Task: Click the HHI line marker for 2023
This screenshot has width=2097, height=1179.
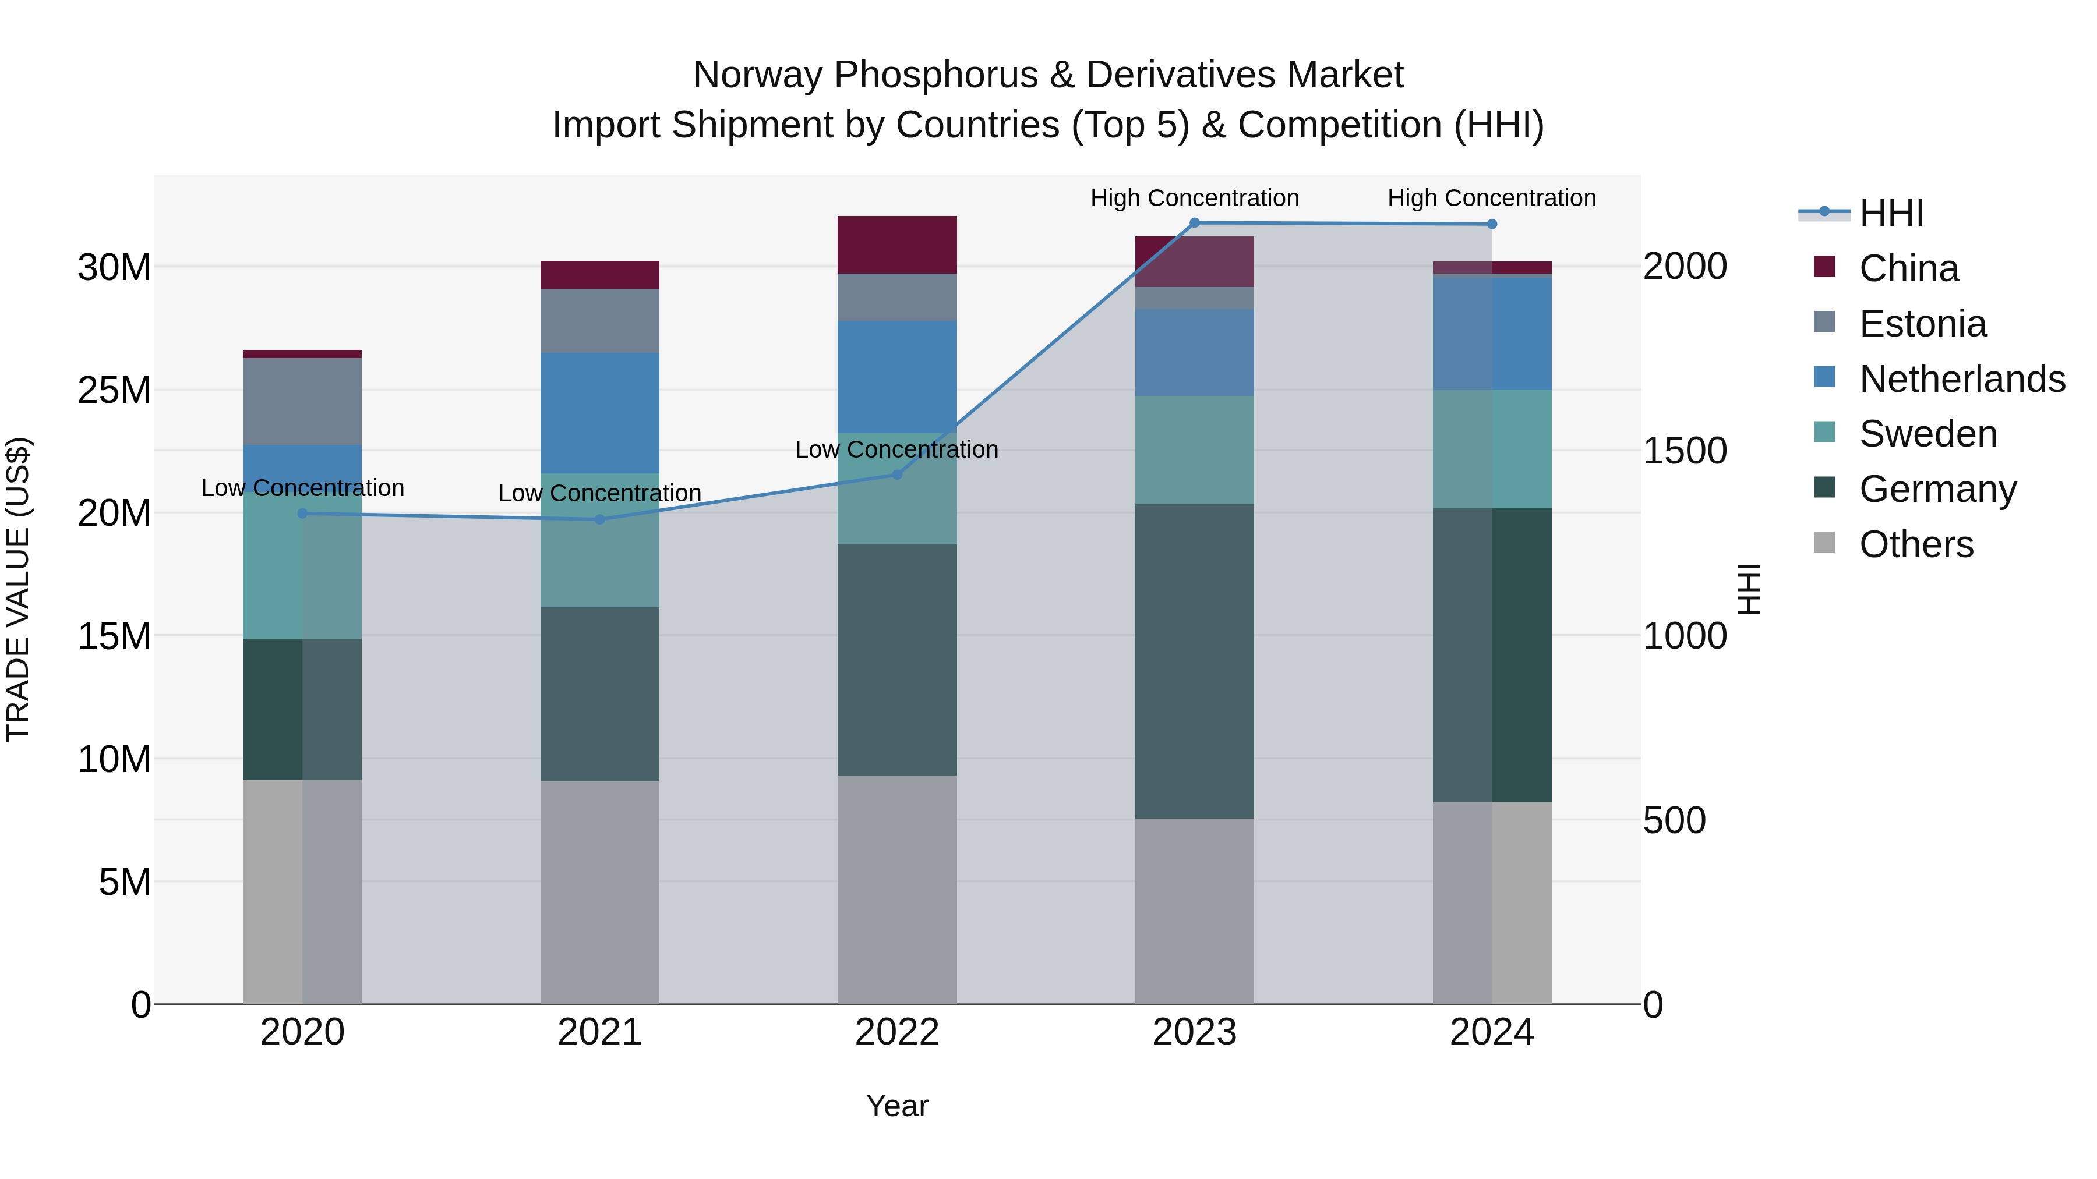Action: pyautogui.click(x=1194, y=223)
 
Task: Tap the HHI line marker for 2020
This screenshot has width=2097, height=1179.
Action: pyautogui.click(x=303, y=514)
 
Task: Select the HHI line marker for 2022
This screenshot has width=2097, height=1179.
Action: pyautogui.click(x=897, y=475)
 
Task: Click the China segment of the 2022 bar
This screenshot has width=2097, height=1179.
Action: pyautogui.click(x=897, y=245)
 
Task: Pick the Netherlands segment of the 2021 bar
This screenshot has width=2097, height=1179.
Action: pyautogui.click(x=600, y=413)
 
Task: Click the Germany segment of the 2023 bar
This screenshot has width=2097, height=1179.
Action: pyautogui.click(x=1194, y=661)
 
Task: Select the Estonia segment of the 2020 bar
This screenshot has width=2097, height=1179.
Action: pyautogui.click(x=303, y=401)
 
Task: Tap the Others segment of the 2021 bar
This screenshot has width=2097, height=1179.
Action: pyautogui.click(x=600, y=892)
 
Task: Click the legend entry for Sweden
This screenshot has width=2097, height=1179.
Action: pyautogui.click(x=1927, y=434)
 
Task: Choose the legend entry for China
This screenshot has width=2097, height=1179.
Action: pyautogui.click(x=1908, y=268)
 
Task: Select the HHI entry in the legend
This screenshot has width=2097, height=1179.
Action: pyautogui.click(x=1891, y=213)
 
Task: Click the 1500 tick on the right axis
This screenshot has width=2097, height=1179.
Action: pyautogui.click(x=1684, y=451)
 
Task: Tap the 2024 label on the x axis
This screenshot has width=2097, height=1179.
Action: pyautogui.click(x=1491, y=1032)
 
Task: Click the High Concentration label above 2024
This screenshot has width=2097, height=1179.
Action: pyautogui.click(x=1491, y=198)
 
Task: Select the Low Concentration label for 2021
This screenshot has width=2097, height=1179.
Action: pyautogui.click(x=600, y=493)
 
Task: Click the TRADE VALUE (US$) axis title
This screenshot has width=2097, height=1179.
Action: pyautogui.click(x=18, y=589)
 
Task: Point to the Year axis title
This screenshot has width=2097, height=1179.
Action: pyautogui.click(x=897, y=1106)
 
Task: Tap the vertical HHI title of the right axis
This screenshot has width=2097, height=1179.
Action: pyautogui.click(x=1749, y=589)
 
